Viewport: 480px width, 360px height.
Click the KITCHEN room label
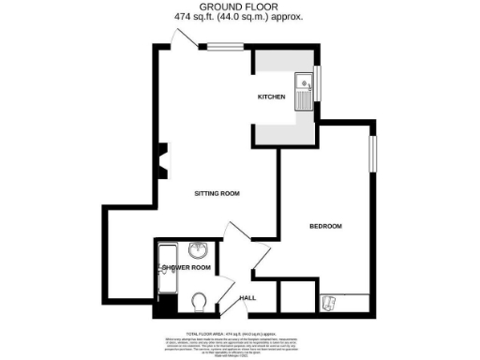pos(271,97)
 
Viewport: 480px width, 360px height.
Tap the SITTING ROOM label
pos(217,194)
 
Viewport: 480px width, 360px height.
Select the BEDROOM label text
pos(325,226)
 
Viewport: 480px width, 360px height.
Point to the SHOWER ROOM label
pos(186,268)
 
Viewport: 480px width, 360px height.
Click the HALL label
pos(247,297)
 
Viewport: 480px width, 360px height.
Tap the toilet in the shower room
pos(198,302)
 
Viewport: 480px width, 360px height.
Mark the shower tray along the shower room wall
pos(166,267)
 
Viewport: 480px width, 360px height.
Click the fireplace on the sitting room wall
pos(163,159)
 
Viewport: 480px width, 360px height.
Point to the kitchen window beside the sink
pos(317,83)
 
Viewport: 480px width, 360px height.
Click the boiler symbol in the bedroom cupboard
pos(329,302)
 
